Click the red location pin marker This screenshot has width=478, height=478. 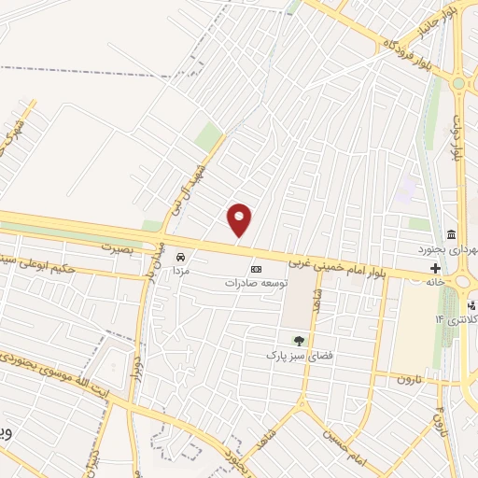click(240, 219)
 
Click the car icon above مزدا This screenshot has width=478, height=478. click(181, 256)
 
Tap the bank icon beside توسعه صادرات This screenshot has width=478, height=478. click(256, 270)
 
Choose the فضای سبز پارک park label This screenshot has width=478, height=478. click(299, 356)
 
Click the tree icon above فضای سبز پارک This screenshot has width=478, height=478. click(299, 342)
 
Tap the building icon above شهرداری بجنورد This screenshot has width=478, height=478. click(451, 234)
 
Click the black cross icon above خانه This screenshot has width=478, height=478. click(435, 266)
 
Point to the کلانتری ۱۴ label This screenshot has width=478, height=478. click(455, 319)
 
